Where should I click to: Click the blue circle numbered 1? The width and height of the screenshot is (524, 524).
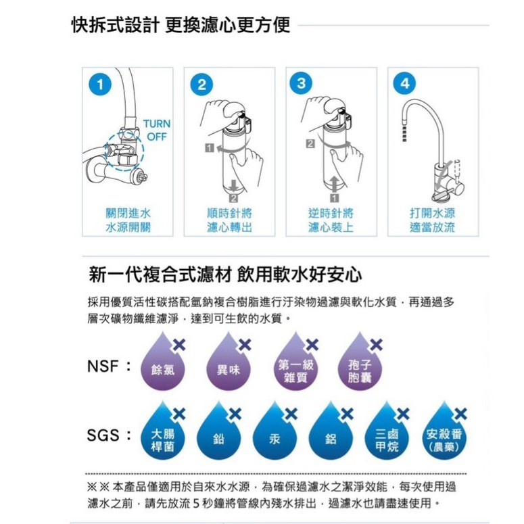coord(100,85)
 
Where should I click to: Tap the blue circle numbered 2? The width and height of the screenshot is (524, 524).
coord(202,85)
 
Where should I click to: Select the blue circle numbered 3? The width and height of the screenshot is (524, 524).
coord(301,83)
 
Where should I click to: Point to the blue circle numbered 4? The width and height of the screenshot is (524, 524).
coord(404,83)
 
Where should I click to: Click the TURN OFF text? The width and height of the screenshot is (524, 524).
coord(157,130)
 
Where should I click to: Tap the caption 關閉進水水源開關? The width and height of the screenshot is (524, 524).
coord(128,220)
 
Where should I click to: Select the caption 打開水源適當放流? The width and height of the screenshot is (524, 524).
coord(433,220)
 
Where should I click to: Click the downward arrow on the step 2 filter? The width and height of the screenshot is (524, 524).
coord(233,186)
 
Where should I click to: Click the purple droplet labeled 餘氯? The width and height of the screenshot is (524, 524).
coord(163,364)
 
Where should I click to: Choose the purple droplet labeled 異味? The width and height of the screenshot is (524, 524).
coord(229,364)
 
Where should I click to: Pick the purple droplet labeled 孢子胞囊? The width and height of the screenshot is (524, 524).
coord(360,364)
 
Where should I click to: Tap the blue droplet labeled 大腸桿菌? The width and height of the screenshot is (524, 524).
coord(163,433)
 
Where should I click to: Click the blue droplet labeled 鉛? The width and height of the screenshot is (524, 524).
coord(219,433)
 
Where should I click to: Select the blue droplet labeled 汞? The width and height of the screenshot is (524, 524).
coord(275,433)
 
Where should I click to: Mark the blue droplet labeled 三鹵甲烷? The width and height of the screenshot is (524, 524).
coord(387,433)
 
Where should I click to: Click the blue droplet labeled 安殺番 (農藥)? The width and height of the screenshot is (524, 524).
coord(444,433)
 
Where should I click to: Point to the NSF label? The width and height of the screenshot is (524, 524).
coord(103,366)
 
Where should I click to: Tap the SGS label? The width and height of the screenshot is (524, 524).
coord(103,435)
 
